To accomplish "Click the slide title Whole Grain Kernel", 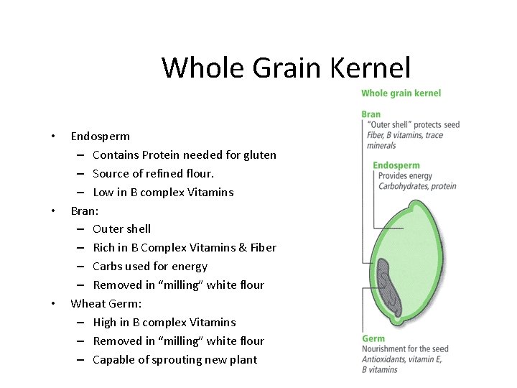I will pos(286,68).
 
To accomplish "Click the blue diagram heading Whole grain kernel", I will pos(401,93).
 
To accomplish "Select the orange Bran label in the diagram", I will pos(371,114).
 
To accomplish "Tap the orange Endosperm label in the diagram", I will pos(396,166).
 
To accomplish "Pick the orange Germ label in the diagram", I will pos(373,339).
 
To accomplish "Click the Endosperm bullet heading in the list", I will pos(100,136).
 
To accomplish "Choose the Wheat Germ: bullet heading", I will pos(106,304).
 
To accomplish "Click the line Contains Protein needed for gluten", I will pos(184,154).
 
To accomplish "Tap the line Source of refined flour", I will pos(153,173).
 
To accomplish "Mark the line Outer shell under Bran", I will pos(121,229).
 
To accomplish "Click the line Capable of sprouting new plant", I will pos(174,360).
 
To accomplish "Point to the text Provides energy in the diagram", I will pos(405,176).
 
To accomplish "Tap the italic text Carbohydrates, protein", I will pos(416,186).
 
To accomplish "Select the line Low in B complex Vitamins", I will pos(163,192).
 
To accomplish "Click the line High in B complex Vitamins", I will pos(164,323).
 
